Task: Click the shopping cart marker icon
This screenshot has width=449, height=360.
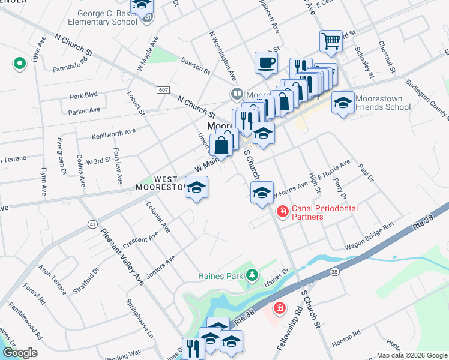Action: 331,41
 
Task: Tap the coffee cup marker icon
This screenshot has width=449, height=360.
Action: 266,62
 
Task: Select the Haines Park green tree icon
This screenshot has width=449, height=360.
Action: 253,275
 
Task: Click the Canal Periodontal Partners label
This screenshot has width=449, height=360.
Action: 324,212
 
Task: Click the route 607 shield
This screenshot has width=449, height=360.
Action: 163,90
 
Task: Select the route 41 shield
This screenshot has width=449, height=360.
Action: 92,224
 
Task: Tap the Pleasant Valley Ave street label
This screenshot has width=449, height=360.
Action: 122,257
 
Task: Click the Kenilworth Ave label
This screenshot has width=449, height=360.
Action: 113,133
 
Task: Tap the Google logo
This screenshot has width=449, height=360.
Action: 20,353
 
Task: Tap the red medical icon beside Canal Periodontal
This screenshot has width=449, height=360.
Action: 282,211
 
